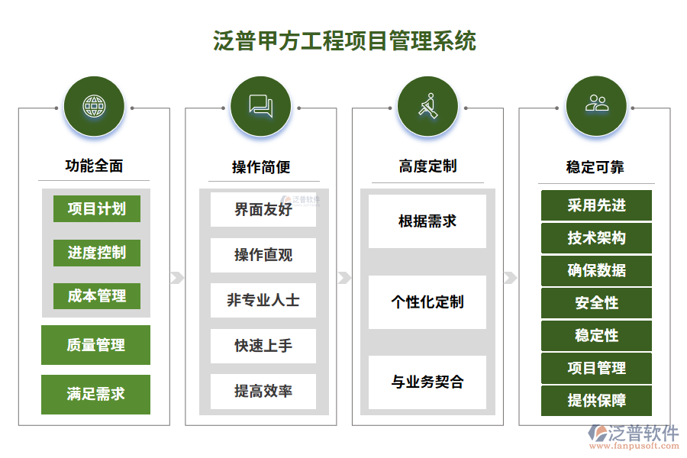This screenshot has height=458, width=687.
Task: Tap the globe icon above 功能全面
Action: (x=95, y=107)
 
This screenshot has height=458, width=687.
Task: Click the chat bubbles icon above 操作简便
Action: (x=261, y=107)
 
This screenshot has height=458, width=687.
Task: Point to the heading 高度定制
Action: (x=427, y=166)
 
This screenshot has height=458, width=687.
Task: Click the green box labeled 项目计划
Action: (x=96, y=209)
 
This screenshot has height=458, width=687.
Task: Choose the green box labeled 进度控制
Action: (x=96, y=253)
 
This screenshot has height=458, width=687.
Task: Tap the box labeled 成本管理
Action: (x=96, y=296)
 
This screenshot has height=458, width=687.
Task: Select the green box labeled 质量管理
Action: (x=95, y=345)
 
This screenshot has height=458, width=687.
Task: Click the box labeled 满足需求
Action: (x=95, y=394)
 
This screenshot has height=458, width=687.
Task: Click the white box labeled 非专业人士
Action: (x=263, y=300)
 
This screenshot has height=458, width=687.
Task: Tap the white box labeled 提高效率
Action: (x=263, y=391)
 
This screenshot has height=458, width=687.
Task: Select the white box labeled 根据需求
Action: (x=427, y=221)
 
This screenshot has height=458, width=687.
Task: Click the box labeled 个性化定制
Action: (x=427, y=302)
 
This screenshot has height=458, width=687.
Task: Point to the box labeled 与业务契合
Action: (x=427, y=382)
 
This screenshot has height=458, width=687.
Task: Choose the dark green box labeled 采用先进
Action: (x=596, y=206)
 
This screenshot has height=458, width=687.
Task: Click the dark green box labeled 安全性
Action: (x=596, y=303)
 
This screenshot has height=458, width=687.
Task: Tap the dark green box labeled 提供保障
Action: (x=596, y=401)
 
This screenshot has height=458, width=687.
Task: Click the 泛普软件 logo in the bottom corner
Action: (x=634, y=436)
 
